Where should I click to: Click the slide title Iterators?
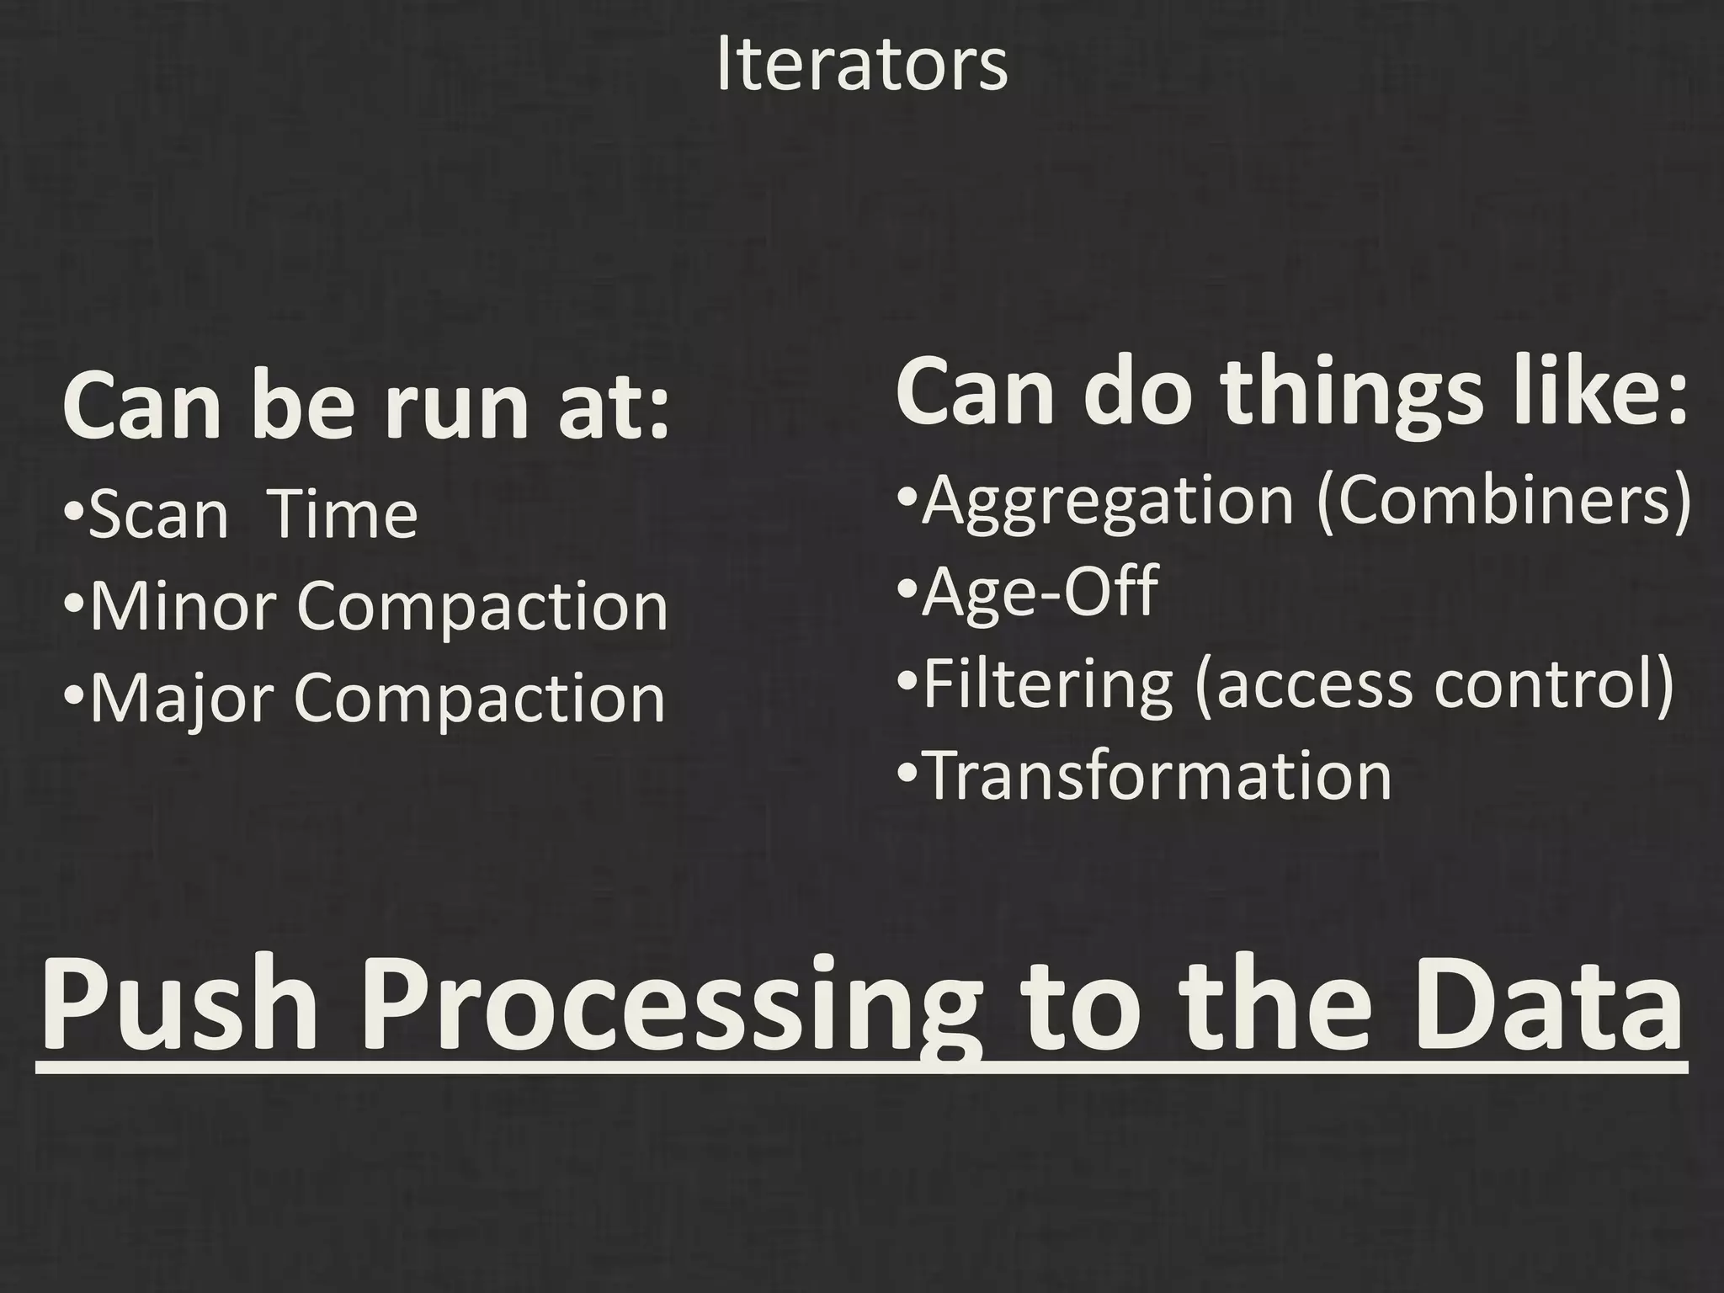[x=862, y=65]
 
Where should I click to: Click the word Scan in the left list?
[x=158, y=515]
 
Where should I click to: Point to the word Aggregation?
[x=1107, y=501]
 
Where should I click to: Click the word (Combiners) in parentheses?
[x=1503, y=501]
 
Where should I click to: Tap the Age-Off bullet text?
[x=1040, y=592]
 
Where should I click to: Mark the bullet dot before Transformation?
[x=907, y=773]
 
